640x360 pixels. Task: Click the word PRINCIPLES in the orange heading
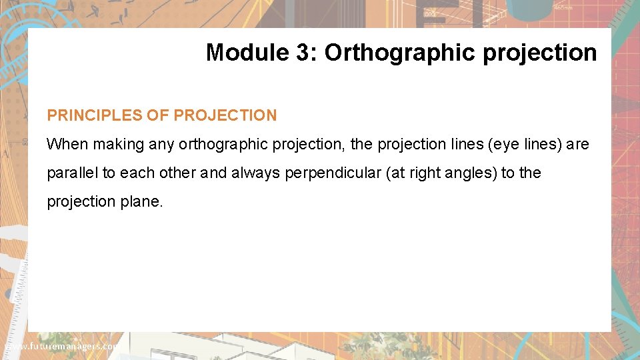94,115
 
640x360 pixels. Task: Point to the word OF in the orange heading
157,115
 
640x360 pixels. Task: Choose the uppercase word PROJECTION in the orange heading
225,115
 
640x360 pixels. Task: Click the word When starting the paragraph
67,144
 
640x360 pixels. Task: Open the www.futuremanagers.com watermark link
60,347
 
